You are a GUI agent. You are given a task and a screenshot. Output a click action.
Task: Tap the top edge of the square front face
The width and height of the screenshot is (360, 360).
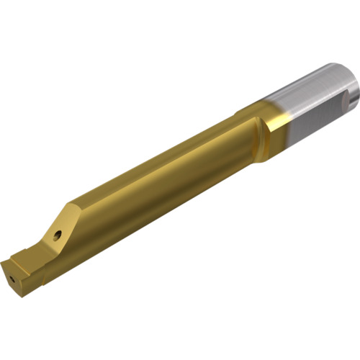tap(18, 259)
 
